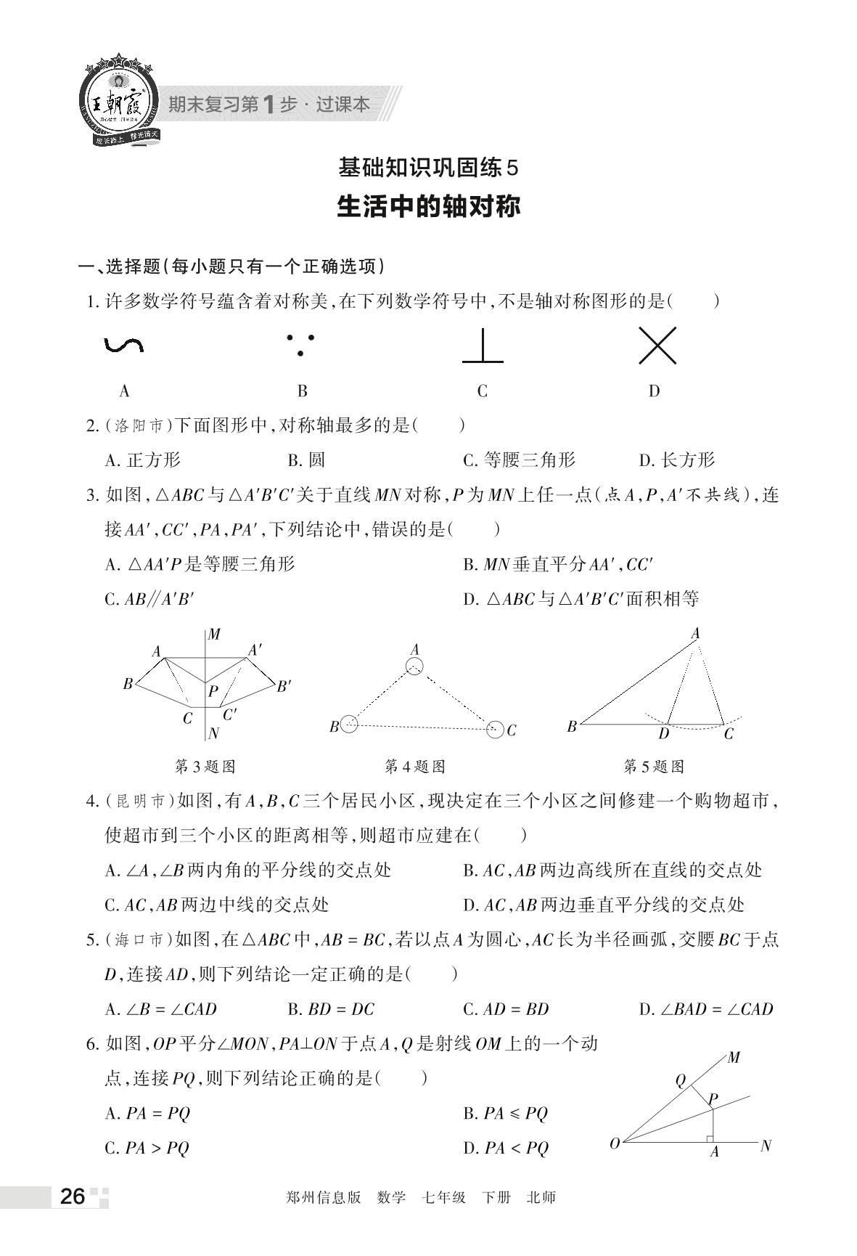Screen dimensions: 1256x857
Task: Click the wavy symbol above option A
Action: [x=123, y=346]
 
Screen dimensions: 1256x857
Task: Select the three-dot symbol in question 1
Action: [x=300, y=345]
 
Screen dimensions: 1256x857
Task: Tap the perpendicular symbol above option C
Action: [x=483, y=346]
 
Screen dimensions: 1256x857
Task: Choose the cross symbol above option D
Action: [x=657, y=346]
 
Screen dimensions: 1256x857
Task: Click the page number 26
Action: [x=73, y=1196]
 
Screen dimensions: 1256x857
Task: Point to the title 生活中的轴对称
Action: [x=429, y=207]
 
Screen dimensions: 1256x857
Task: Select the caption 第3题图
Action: [x=205, y=767]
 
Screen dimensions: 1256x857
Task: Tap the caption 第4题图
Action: [x=414, y=767]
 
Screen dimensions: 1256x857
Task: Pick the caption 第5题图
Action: [x=654, y=767]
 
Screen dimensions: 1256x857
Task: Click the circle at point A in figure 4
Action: [x=414, y=666]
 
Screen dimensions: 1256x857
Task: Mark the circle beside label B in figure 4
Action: [x=349, y=724]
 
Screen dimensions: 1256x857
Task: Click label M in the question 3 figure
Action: [x=214, y=635]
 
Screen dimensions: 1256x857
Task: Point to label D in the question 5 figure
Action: [x=663, y=734]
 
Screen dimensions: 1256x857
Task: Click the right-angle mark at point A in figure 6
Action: [x=710, y=1137]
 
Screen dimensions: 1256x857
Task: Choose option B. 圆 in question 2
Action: [x=306, y=460]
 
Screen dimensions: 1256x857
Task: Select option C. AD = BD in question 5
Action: [x=506, y=1009]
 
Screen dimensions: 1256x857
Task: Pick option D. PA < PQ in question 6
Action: [x=506, y=1149]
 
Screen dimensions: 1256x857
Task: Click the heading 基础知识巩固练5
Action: [x=429, y=168]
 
